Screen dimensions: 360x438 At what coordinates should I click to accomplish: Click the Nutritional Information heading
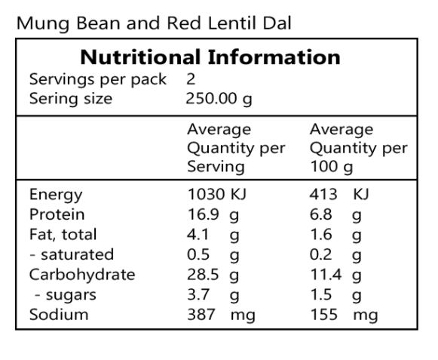pos(210,57)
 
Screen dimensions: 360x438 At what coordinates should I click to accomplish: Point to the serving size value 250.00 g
pos(219,98)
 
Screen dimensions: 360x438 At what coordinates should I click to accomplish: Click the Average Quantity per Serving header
pos(235,148)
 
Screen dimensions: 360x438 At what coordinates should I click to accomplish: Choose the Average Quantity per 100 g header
pos(358,148)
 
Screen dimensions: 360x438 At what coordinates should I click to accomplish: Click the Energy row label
pos(56,195)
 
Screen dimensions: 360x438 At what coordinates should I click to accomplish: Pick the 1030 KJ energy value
pos(217,195)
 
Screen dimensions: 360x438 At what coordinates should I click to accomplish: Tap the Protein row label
pos(57,214)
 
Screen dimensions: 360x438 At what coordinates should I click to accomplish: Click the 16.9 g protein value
pos(213,214)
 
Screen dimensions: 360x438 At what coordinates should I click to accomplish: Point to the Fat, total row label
pos(63,234)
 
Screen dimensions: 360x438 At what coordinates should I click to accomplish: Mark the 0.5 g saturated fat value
pos(213,254)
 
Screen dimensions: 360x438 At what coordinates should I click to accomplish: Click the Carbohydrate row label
pos(81,274)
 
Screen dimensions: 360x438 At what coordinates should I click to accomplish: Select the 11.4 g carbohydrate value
pos(335,274)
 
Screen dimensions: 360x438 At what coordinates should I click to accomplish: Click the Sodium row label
pos(59,314)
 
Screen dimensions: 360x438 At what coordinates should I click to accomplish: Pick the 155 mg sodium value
pos(344,314)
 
